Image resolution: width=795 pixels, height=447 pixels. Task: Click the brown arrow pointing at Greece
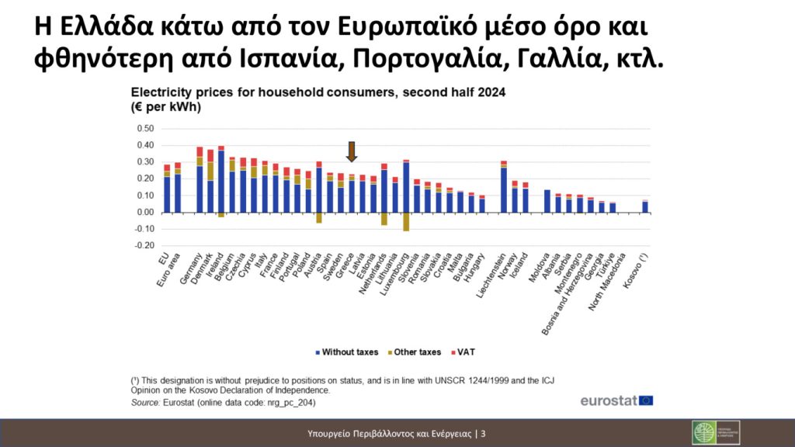[352, 151]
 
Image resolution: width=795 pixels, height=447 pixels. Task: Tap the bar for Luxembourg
[406, 186]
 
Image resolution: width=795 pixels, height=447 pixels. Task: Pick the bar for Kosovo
[644, 206]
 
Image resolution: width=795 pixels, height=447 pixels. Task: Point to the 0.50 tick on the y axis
[145, 129]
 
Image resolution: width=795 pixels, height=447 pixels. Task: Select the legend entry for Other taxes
[417, 352]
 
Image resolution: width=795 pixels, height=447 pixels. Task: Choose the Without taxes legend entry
[347, 352]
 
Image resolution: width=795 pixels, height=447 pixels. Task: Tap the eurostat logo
[616, 401]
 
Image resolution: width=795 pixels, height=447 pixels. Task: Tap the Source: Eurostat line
[224, 404]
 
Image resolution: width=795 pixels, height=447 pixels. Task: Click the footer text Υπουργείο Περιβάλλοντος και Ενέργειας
[392, 433]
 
